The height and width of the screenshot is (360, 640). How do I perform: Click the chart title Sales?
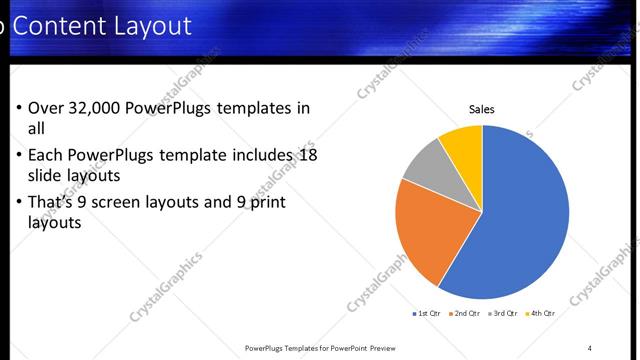[482, 110]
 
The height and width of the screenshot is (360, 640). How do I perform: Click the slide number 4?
[590, 348]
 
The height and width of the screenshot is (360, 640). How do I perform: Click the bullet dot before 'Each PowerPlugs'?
[19, 156]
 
